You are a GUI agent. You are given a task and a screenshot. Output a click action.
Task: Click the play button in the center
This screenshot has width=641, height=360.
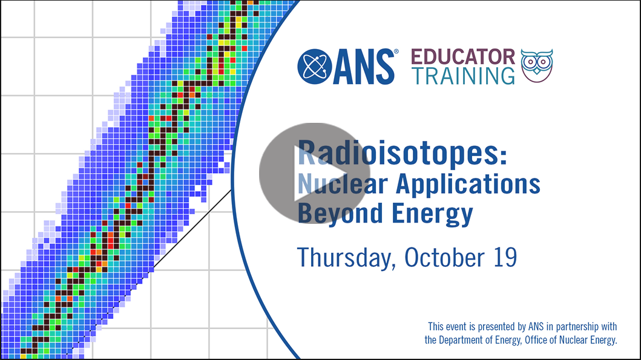point(314,173)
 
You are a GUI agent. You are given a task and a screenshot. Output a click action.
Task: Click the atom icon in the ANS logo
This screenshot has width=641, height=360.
point(314,67)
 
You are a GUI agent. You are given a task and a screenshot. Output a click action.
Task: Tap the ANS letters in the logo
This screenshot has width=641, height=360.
point(363,67)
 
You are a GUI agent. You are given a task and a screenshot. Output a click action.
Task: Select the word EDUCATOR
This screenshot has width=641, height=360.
point(463,57)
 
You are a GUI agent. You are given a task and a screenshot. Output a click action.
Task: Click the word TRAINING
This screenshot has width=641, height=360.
point(463,76)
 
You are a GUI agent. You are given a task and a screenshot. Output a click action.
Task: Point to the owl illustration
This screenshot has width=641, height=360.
point(537,65)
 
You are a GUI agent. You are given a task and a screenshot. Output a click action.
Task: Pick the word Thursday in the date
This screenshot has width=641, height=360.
point(346,257)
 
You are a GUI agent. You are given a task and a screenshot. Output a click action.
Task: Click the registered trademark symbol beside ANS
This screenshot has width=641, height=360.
point(396,51)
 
